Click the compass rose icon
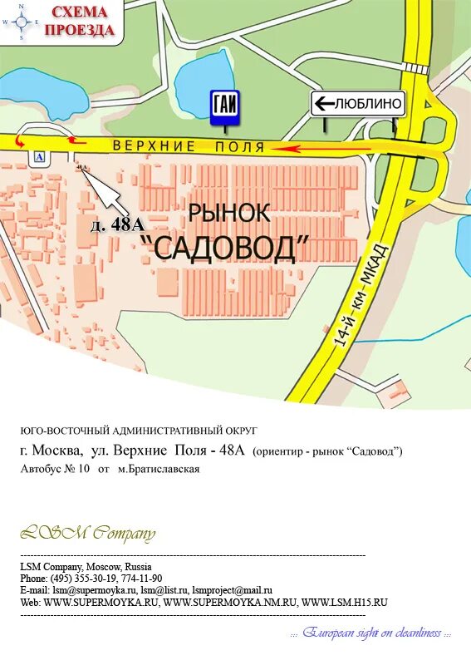[22, 22]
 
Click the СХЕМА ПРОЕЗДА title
[80, 22]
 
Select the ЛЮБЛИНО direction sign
[358, 104]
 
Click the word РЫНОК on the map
[228, 213]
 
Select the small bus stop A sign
[38, 157]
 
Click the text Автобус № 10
[55, 469]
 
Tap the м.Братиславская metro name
[158, 469]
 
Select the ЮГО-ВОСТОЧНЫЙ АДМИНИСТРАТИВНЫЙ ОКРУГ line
[140, 431]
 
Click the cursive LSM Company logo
[86, 533]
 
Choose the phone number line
[91, 579]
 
